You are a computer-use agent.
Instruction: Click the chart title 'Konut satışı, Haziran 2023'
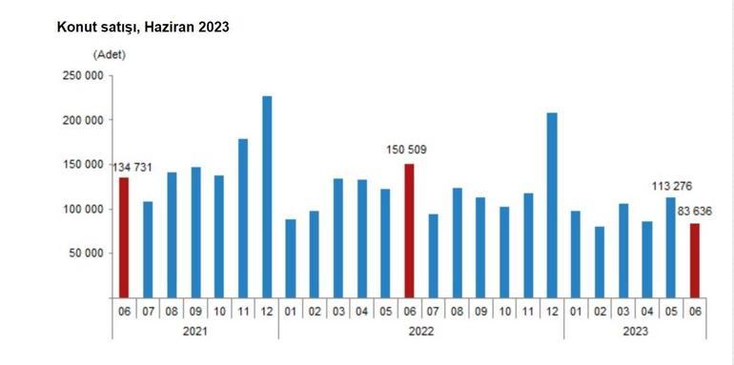pyautogui.click(x=143, y=28)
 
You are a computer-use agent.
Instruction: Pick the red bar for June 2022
pyautogui.click(x=410, y=230)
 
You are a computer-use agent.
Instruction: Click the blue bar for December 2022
pyautogui.click(x=552, y=204)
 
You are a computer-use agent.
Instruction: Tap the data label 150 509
pyautogui.click(x=409, y=150)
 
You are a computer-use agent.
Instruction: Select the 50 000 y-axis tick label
pyautogui.click(x=83, y=253)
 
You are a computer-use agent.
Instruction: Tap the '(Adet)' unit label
pyautogui.click(x=109, y=54)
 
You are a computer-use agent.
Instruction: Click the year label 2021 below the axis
pyautogui.click(x=195, y=331)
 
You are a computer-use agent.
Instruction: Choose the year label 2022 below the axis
pyautogui.click(x=421, y=331)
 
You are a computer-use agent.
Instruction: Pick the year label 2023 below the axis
pyautogui.click(x=635, y=331)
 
